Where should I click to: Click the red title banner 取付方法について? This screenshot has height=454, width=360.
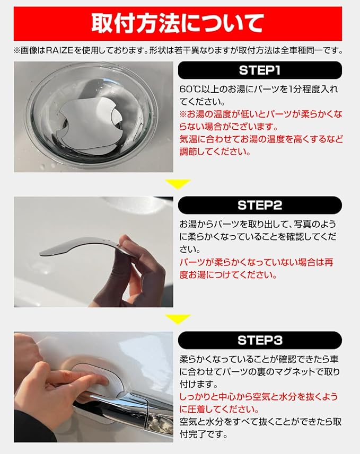[178, 23]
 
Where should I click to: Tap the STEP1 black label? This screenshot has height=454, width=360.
[260, 70]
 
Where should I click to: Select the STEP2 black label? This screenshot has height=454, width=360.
[260, 206]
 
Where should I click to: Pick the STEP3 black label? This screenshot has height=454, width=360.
[260, 340]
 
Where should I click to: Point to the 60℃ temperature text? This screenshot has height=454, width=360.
[188, 89]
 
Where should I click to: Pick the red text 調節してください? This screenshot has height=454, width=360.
[215, 152]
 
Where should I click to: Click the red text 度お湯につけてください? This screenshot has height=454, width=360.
[228, 275]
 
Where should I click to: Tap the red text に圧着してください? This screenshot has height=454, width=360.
[219, 410]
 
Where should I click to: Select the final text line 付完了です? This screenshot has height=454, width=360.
[203, 434]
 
